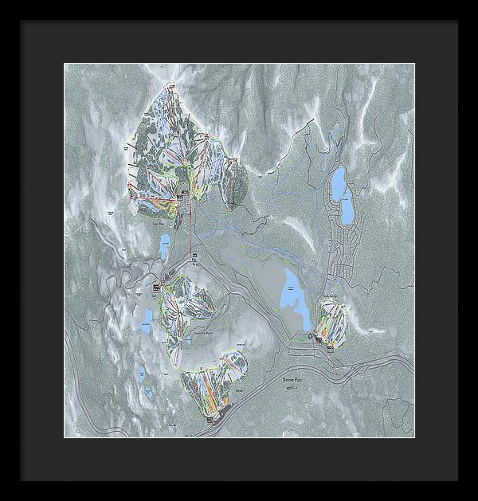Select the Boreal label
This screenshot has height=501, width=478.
pyautogui.click(x=239, y=392)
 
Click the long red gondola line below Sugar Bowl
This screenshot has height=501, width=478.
pyautogui.click(x=190, y=231)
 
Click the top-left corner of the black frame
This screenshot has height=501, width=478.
pyautogui.click(x=22, y=22)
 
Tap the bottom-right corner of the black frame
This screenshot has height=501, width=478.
pyautogui.click(x=456, y=479)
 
